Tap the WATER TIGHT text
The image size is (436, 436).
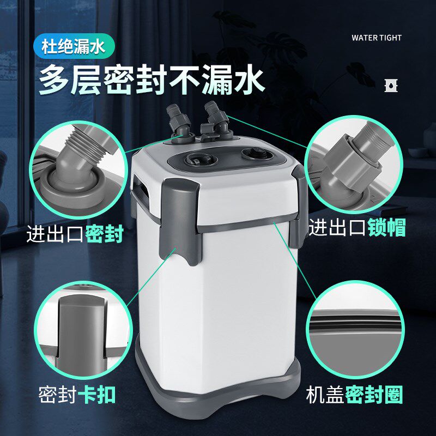point(376,38)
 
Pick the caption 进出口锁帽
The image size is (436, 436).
point(357,227)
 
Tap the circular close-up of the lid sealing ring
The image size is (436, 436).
point(357,327)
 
